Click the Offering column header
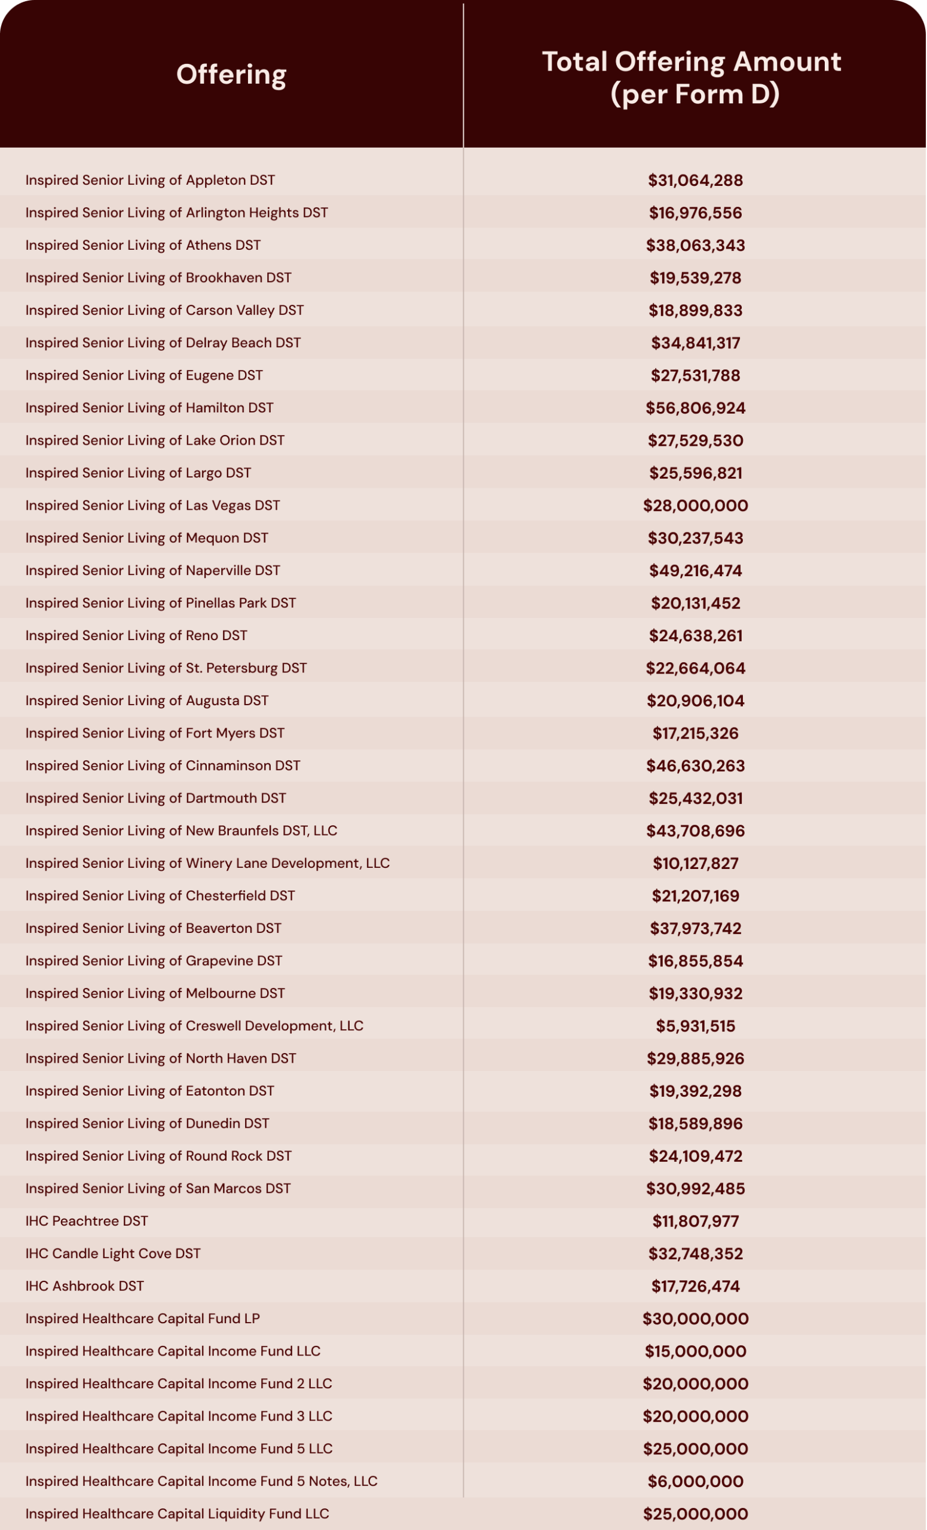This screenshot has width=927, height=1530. [231, 75]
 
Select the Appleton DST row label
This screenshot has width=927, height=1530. [149, 180]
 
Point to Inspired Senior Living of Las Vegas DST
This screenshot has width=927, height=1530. [152, 506]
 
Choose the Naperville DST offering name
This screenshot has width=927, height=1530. [152, 571]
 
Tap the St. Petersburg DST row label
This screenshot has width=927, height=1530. [166, 668]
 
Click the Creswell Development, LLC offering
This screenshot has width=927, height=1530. [194, 1026]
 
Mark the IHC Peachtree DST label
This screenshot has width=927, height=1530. [86, 1221]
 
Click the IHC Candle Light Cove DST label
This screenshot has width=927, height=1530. [112, 1253]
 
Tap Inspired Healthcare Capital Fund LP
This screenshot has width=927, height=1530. [142, 1318]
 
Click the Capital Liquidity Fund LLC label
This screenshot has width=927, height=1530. [177, 1513]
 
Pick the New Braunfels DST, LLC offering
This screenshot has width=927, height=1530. [180, 831]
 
